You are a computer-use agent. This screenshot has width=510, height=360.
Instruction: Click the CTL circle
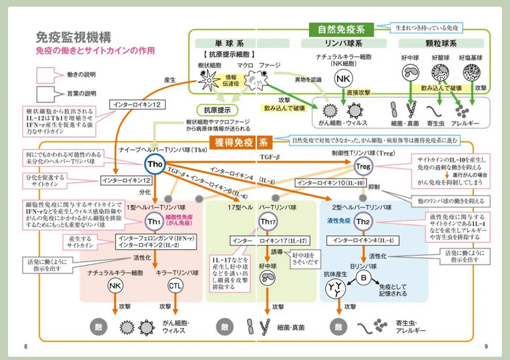(x=174, y=286)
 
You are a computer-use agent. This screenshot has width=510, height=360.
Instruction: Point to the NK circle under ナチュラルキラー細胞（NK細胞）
(x=342, y=79)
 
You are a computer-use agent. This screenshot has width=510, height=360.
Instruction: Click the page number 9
(x=486, y=346)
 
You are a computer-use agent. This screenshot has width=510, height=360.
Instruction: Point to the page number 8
(x=25, y=346)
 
